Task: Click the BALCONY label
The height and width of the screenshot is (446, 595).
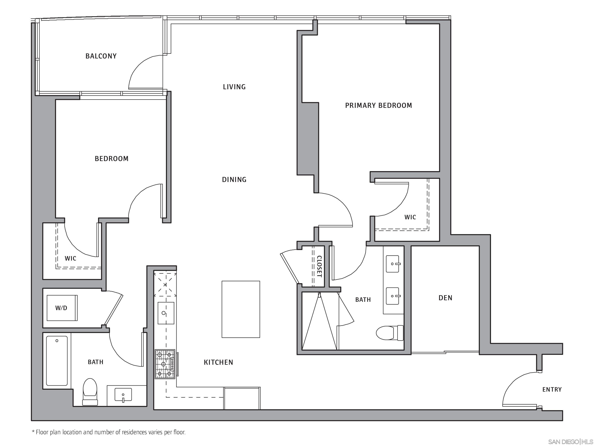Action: (x=101, y=56)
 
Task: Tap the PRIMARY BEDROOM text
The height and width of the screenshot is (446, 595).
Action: (x=378, y=105)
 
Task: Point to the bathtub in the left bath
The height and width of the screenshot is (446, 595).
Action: (x=57, y=360)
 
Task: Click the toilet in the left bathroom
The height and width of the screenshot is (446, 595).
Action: (x=90, y=391)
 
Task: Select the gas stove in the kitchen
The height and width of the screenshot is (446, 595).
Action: (x=165, y=364)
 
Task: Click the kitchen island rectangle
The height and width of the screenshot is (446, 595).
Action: (x=241, y=309)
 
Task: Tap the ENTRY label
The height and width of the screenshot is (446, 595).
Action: (x=552, y=389)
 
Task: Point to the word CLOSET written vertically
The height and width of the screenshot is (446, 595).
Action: (x=319, y=266)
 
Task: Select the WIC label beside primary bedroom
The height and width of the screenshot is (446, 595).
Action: (x=410, y=217)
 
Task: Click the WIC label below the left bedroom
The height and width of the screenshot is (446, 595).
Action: (x=71, y=259)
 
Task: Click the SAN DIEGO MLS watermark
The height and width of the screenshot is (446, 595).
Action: (x=570, y=442)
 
